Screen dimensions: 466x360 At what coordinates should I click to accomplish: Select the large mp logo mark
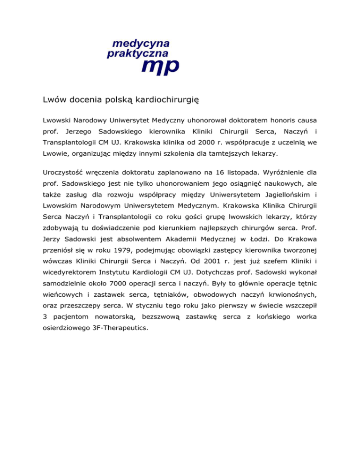click(x=160, y=67)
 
